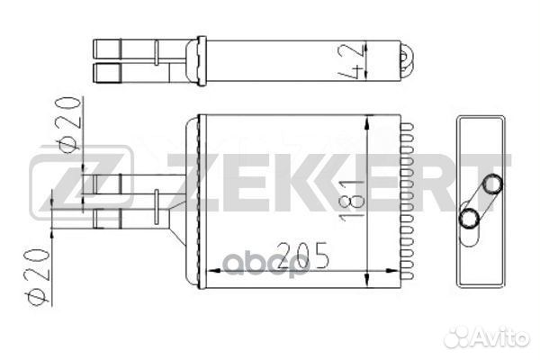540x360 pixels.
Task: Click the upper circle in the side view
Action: pos(492,185)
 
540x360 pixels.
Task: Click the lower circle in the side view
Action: pos(470,218)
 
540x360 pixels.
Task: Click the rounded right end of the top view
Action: pos(407,61)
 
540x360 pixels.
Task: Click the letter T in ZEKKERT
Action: pos(493,187)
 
